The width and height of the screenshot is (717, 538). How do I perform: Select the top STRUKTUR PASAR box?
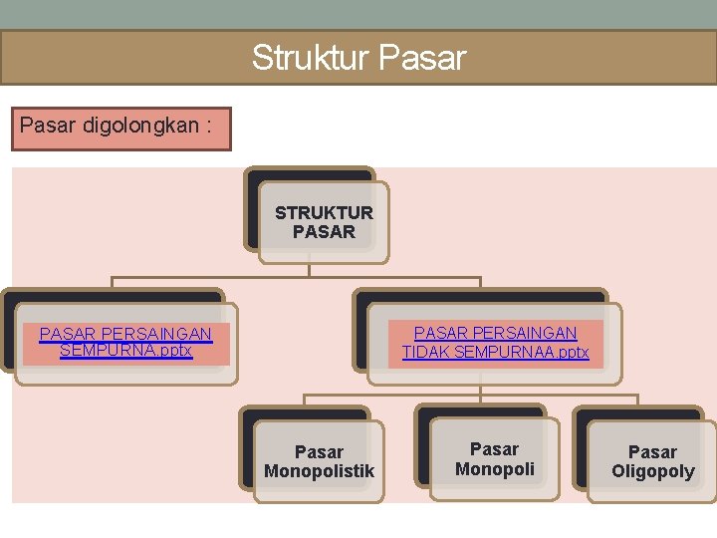324,222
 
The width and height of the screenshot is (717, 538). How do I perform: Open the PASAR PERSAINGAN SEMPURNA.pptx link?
125,342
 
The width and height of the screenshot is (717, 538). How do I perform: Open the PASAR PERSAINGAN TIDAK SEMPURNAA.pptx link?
495,342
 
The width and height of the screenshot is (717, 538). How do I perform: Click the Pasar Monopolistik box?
319,461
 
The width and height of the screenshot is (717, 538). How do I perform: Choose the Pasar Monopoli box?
495,458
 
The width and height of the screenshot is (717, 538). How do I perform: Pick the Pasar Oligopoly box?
652,461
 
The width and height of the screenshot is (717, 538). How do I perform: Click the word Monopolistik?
319,471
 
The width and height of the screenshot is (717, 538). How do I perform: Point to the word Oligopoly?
652,471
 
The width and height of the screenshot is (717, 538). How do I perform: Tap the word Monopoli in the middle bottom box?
495,468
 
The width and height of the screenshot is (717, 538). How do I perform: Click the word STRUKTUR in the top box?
324,212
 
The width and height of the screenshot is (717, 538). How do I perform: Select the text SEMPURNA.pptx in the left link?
125,351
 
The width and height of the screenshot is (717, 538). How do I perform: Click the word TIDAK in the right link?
426,352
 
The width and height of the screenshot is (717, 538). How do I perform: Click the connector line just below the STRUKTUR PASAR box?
310,264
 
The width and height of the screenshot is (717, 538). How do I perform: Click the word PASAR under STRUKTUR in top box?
324,232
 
